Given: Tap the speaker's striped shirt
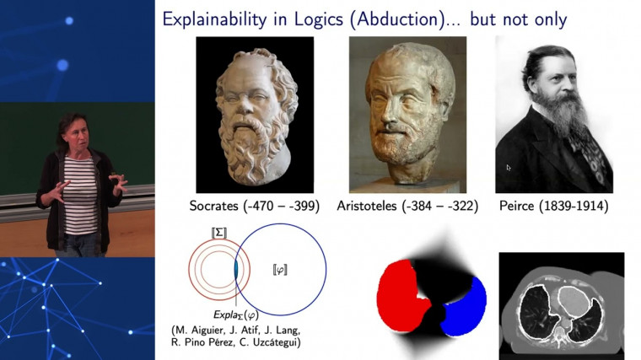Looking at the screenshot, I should tap(80, 194).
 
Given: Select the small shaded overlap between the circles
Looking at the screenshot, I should tap(237, 268).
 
